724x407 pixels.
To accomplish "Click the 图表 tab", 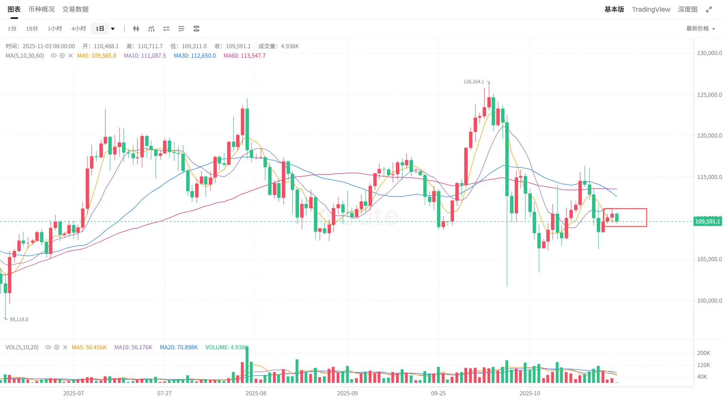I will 14,9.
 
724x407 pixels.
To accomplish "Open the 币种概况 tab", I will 41,9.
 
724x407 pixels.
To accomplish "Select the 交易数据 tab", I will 75,9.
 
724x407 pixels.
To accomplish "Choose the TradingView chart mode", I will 651,9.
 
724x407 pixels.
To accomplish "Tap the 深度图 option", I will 687,9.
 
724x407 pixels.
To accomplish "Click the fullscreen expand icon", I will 709,9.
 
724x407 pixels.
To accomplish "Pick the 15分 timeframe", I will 32,29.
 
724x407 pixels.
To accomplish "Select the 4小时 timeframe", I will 79,29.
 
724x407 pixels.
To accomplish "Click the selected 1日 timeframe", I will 100,29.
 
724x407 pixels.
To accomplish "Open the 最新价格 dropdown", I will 700,29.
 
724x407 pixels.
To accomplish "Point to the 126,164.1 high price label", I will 474,82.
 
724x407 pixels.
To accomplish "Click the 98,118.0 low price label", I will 19,320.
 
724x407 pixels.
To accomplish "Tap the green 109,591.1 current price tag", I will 707,222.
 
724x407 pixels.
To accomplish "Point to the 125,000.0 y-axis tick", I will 709,95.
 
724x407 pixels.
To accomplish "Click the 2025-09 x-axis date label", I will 347,393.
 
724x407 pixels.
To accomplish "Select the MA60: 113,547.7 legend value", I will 244,56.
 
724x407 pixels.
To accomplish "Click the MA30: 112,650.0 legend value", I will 195,56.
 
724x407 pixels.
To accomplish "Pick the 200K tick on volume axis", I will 704,353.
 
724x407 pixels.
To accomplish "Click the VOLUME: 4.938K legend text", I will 227,347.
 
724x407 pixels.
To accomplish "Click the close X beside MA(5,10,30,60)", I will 71,56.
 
